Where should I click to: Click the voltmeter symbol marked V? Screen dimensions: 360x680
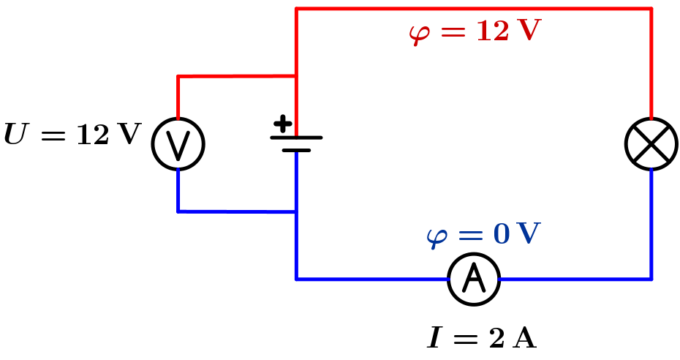click(178, 144)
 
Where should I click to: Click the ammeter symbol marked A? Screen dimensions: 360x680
click(474, 279)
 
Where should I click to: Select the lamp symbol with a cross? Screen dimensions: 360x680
click(651, 144)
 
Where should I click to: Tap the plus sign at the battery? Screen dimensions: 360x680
click(282, 124)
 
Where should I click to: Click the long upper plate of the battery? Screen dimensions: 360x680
click(296, 138)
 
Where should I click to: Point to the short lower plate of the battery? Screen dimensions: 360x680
click(296, 150)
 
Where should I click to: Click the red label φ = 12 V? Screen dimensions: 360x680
click(475, 31)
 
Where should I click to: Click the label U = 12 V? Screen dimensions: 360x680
click(72, 134)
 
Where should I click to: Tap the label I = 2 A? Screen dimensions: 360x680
click(481, 337)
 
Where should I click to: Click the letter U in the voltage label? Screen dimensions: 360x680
click(14, 134)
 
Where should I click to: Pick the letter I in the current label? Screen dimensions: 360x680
click(434, 337)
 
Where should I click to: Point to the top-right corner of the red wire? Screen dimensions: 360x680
click(651, 9)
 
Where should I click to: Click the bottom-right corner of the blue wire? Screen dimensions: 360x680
click(651, 279)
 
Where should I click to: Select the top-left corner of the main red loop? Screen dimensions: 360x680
click(296, 9)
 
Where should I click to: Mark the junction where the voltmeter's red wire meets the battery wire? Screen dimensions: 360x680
click(296, 76)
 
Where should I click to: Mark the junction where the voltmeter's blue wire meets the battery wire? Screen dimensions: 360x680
click(296, 212)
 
